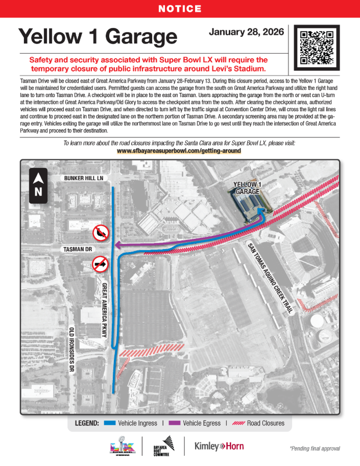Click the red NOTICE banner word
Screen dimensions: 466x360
180,9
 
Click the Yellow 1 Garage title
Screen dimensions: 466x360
98,36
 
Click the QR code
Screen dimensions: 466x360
317,47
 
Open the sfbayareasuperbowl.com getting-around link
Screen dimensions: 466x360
179,151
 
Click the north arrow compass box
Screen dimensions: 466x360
38,186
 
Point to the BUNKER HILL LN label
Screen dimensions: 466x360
84,178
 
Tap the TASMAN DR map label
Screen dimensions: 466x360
78,250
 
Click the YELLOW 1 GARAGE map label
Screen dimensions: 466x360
247,188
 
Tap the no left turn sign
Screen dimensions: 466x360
100,233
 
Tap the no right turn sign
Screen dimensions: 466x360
100,264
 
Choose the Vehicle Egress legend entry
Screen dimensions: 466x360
197,423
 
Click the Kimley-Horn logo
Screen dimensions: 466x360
219,446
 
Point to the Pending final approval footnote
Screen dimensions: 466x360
314,449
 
